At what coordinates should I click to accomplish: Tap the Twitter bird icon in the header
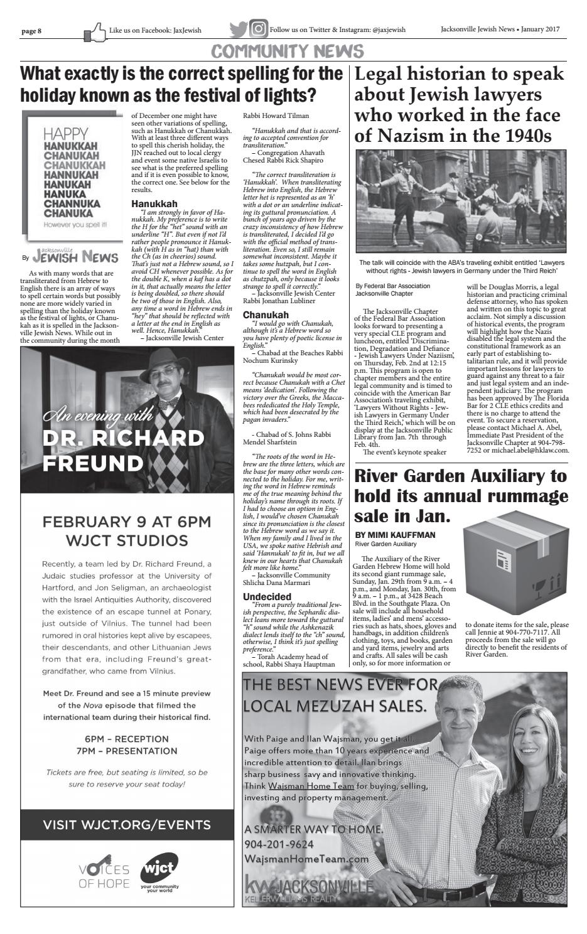(239, 30)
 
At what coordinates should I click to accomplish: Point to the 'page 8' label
(31, 30)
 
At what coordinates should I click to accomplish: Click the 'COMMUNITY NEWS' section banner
(288, 51)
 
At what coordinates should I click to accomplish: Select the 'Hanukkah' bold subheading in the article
(154, 203)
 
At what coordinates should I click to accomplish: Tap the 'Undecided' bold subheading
(267, 596)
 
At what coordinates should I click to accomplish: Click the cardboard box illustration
(514, 563)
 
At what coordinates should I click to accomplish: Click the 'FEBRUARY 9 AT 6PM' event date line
(126, 522)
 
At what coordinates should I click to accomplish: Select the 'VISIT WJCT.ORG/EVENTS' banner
(127, 824)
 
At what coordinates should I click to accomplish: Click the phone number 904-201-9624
(279, 844)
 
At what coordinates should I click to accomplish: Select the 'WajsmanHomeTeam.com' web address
(306, 859)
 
